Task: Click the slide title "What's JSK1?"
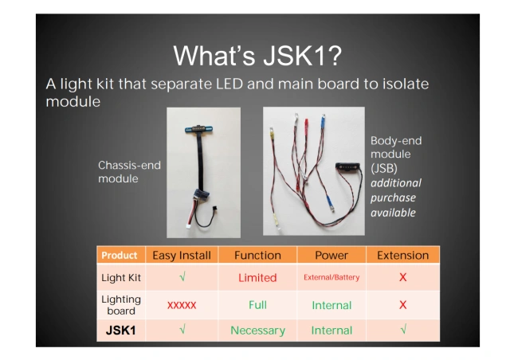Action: [x=257, y=56]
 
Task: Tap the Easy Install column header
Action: [x=181, y=256]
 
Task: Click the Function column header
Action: [x=257, y=256]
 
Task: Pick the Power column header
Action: [x=331, y=256]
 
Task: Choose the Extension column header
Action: [x=402, y=256]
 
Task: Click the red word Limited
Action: [x=257, y=278]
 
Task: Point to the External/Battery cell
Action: [x=331, y=278]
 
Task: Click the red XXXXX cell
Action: [x=182, y=305]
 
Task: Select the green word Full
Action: [x=257, y=305]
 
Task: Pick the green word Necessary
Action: [x=257, y=331]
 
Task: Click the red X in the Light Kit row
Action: [x=402, y=278]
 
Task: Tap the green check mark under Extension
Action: [x=402, y=330]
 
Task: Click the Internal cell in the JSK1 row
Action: [x=331, y=331]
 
